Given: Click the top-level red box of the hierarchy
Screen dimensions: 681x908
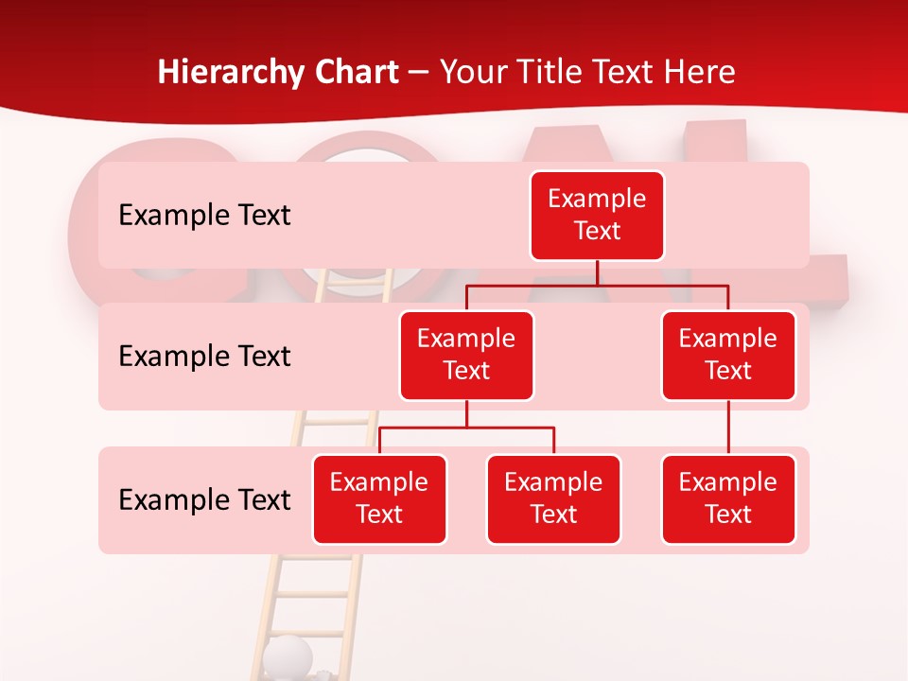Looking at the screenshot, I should click(x=597, y=216).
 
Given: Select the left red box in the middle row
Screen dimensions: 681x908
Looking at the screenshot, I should click(x=466, y=356).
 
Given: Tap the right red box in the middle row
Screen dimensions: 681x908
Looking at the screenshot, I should click(x=728, y=356).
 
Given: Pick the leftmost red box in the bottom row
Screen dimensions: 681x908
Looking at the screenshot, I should click(x=379, y=499).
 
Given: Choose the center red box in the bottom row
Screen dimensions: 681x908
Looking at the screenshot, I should click(x=553, y=499).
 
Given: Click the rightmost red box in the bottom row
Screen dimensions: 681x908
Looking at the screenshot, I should click(x=728, y=499).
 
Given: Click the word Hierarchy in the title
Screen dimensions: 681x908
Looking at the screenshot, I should click(x=231, y=73).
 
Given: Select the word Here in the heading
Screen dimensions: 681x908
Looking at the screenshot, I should click(x=699, y=73).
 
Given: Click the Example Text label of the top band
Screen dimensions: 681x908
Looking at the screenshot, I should click(x=204, y=216).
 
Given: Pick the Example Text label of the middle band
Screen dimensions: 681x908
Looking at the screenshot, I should click(x=204, y=357).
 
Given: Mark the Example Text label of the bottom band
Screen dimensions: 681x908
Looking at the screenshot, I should click(x=204, y=500).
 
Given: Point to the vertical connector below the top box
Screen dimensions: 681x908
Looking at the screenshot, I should click(x=597, y=272).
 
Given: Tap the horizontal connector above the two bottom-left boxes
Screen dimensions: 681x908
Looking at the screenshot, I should click(x=466, y=428).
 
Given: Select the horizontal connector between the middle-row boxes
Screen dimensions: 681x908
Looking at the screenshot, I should click(x=597, y=285).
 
